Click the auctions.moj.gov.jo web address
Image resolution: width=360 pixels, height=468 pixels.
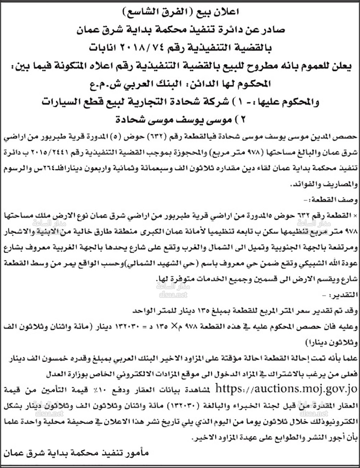pos(286,389)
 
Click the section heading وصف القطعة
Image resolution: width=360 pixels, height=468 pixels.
pos(334,199)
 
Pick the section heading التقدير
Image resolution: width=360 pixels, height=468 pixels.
pos(344,295)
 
